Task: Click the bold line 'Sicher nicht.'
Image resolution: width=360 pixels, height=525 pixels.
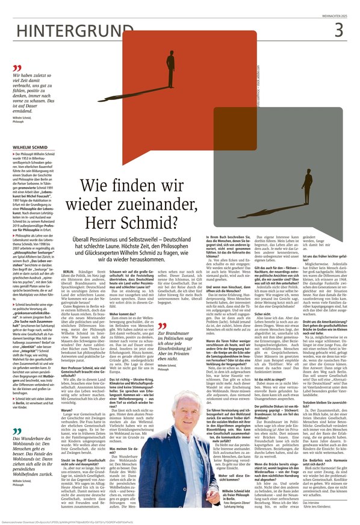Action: [262, 314]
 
